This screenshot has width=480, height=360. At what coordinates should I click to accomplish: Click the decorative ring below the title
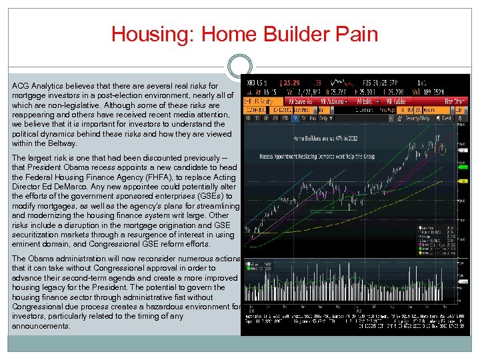(x=240, y=67)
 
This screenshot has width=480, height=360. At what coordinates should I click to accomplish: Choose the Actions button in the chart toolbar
(x=333, y=101)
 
